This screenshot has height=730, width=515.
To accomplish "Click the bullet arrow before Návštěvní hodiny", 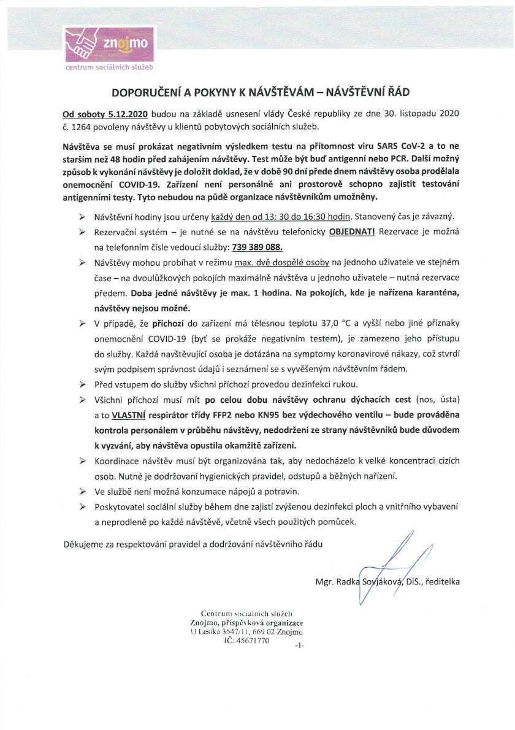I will pos(82,218).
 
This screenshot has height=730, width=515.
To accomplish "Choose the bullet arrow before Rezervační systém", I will pos(82,233).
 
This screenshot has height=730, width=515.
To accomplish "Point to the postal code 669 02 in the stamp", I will pos(265,631).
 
